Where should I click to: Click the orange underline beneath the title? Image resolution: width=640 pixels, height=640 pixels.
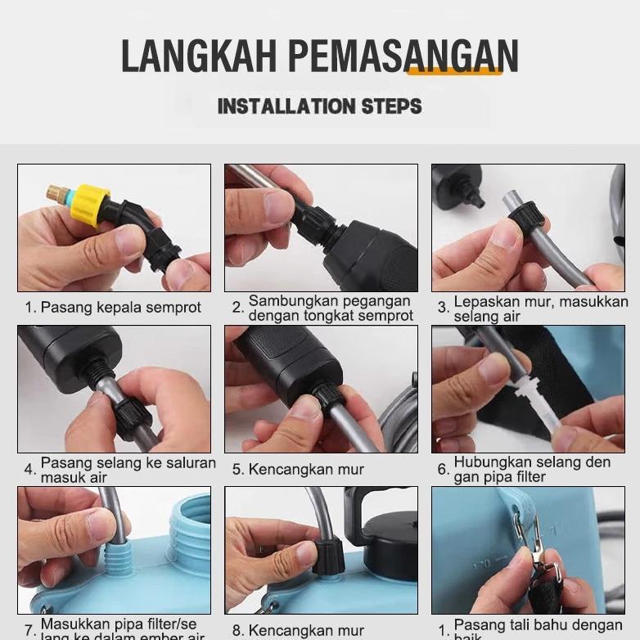[454, 72]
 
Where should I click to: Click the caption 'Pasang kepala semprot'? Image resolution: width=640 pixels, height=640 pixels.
[120, 308]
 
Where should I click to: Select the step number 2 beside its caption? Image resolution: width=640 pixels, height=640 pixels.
[237, 308]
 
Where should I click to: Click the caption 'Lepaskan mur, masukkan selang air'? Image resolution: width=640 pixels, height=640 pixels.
[540, 309]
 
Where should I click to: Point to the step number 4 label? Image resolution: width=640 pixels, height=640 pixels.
[29, 470]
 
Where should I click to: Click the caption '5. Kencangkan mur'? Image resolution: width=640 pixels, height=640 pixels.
[298, 470]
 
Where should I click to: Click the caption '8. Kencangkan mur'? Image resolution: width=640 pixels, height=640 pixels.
[298, 630]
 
